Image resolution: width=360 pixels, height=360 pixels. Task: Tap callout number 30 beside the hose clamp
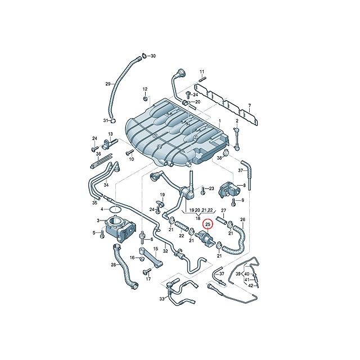[153, 56]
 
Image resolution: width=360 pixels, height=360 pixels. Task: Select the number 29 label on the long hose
[108, 84]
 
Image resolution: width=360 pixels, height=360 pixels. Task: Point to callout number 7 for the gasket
[250, 106]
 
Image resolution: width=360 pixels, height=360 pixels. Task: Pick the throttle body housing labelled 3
[120, 229]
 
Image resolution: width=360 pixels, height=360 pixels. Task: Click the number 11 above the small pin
[201, 72]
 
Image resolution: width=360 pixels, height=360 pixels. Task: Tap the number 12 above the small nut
[145, 89]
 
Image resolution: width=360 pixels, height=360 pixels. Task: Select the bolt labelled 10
[130, 152]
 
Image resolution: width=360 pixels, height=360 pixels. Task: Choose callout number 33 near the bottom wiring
[162, 299]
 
